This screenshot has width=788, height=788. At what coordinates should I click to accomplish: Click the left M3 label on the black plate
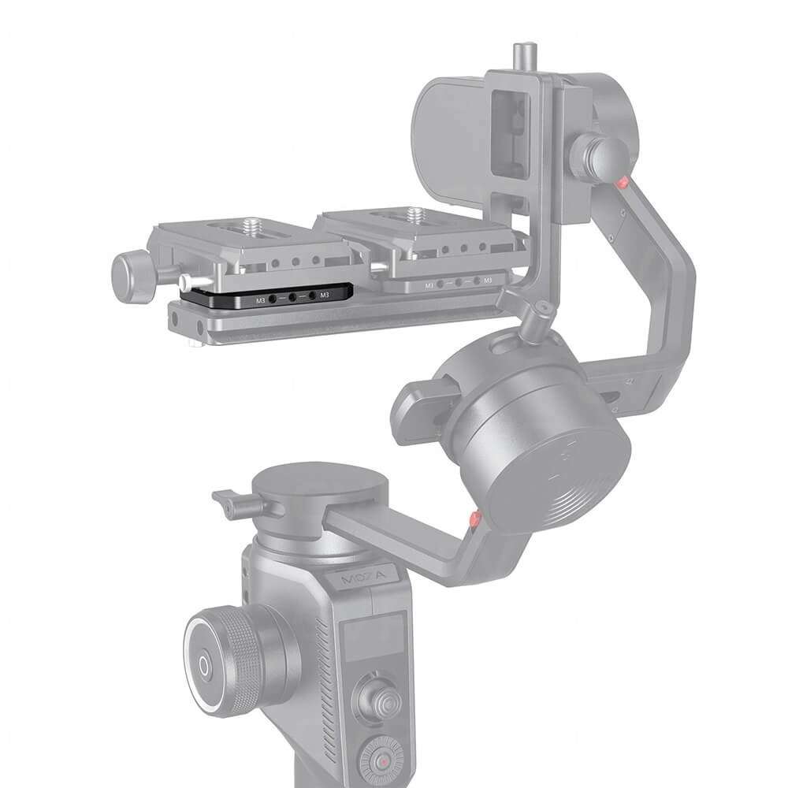(260, 300)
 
